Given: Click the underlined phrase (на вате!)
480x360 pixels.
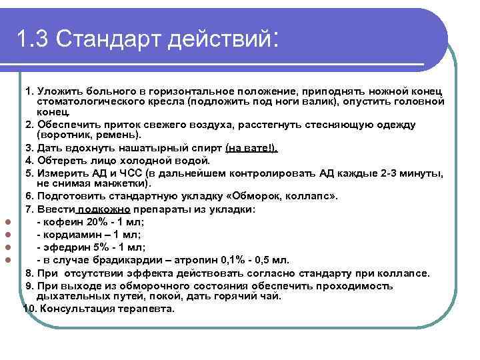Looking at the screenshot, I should coord(253,148).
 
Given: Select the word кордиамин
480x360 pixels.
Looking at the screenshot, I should coord(69,235).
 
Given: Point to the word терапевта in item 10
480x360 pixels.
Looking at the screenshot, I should coord(144,309).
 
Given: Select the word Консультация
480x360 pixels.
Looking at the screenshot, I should coord(75,309).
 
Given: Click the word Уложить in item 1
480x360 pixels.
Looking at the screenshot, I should coord(61,90).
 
